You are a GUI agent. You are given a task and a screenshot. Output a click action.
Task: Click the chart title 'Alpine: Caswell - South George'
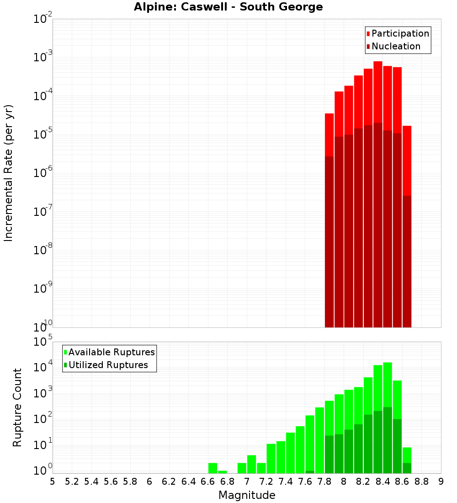pos(228,7)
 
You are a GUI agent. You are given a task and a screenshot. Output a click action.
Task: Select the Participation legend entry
pos(397,33)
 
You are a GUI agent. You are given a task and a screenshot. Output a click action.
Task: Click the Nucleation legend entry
pos(393,46)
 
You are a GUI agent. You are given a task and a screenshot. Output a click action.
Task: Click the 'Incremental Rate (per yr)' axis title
pos(9,173)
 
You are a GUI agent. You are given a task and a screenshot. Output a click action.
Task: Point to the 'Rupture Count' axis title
pos(17,407)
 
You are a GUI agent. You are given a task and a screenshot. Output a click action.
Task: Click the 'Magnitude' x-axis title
pos(247,495)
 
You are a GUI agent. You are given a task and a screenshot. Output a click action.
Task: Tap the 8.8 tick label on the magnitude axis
pos(421,482)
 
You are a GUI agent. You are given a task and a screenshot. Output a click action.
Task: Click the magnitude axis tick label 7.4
pos(286,482)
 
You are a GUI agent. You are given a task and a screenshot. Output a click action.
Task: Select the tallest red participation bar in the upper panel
pos(378,91)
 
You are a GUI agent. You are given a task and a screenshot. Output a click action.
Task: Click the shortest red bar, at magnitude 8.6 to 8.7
pos(407,160)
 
